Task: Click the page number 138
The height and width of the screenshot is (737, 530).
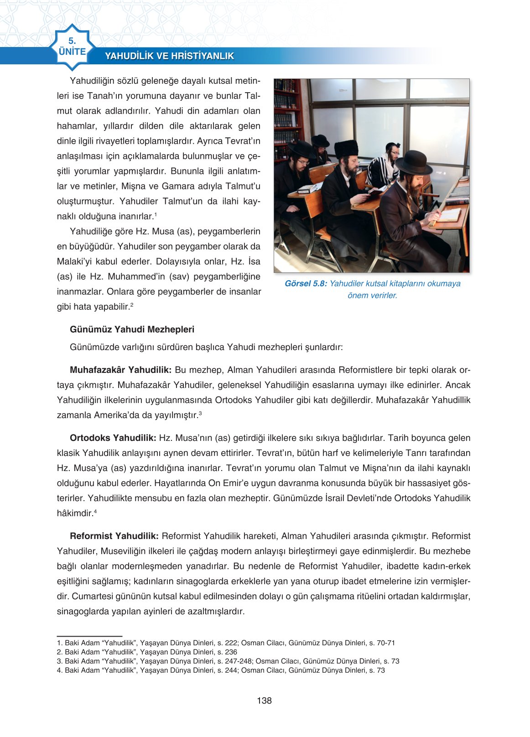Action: click(264, 700)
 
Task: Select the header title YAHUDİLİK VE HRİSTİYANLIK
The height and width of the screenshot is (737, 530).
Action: click(169, 56)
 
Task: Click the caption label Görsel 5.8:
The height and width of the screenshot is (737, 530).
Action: click(306, 283)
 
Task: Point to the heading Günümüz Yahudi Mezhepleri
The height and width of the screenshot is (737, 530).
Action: click(132, 329)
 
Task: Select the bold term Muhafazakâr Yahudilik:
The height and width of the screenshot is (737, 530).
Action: click(120, 370)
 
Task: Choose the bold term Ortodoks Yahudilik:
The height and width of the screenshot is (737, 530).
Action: click(113, 438)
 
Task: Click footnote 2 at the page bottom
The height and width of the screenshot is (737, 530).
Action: click(147, 652)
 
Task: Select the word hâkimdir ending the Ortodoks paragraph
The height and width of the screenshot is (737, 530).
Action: click(75, 513)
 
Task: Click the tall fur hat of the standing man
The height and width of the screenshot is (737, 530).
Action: click(346, 148)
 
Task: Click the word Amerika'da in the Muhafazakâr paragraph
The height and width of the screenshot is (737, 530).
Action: click(114, 415)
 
